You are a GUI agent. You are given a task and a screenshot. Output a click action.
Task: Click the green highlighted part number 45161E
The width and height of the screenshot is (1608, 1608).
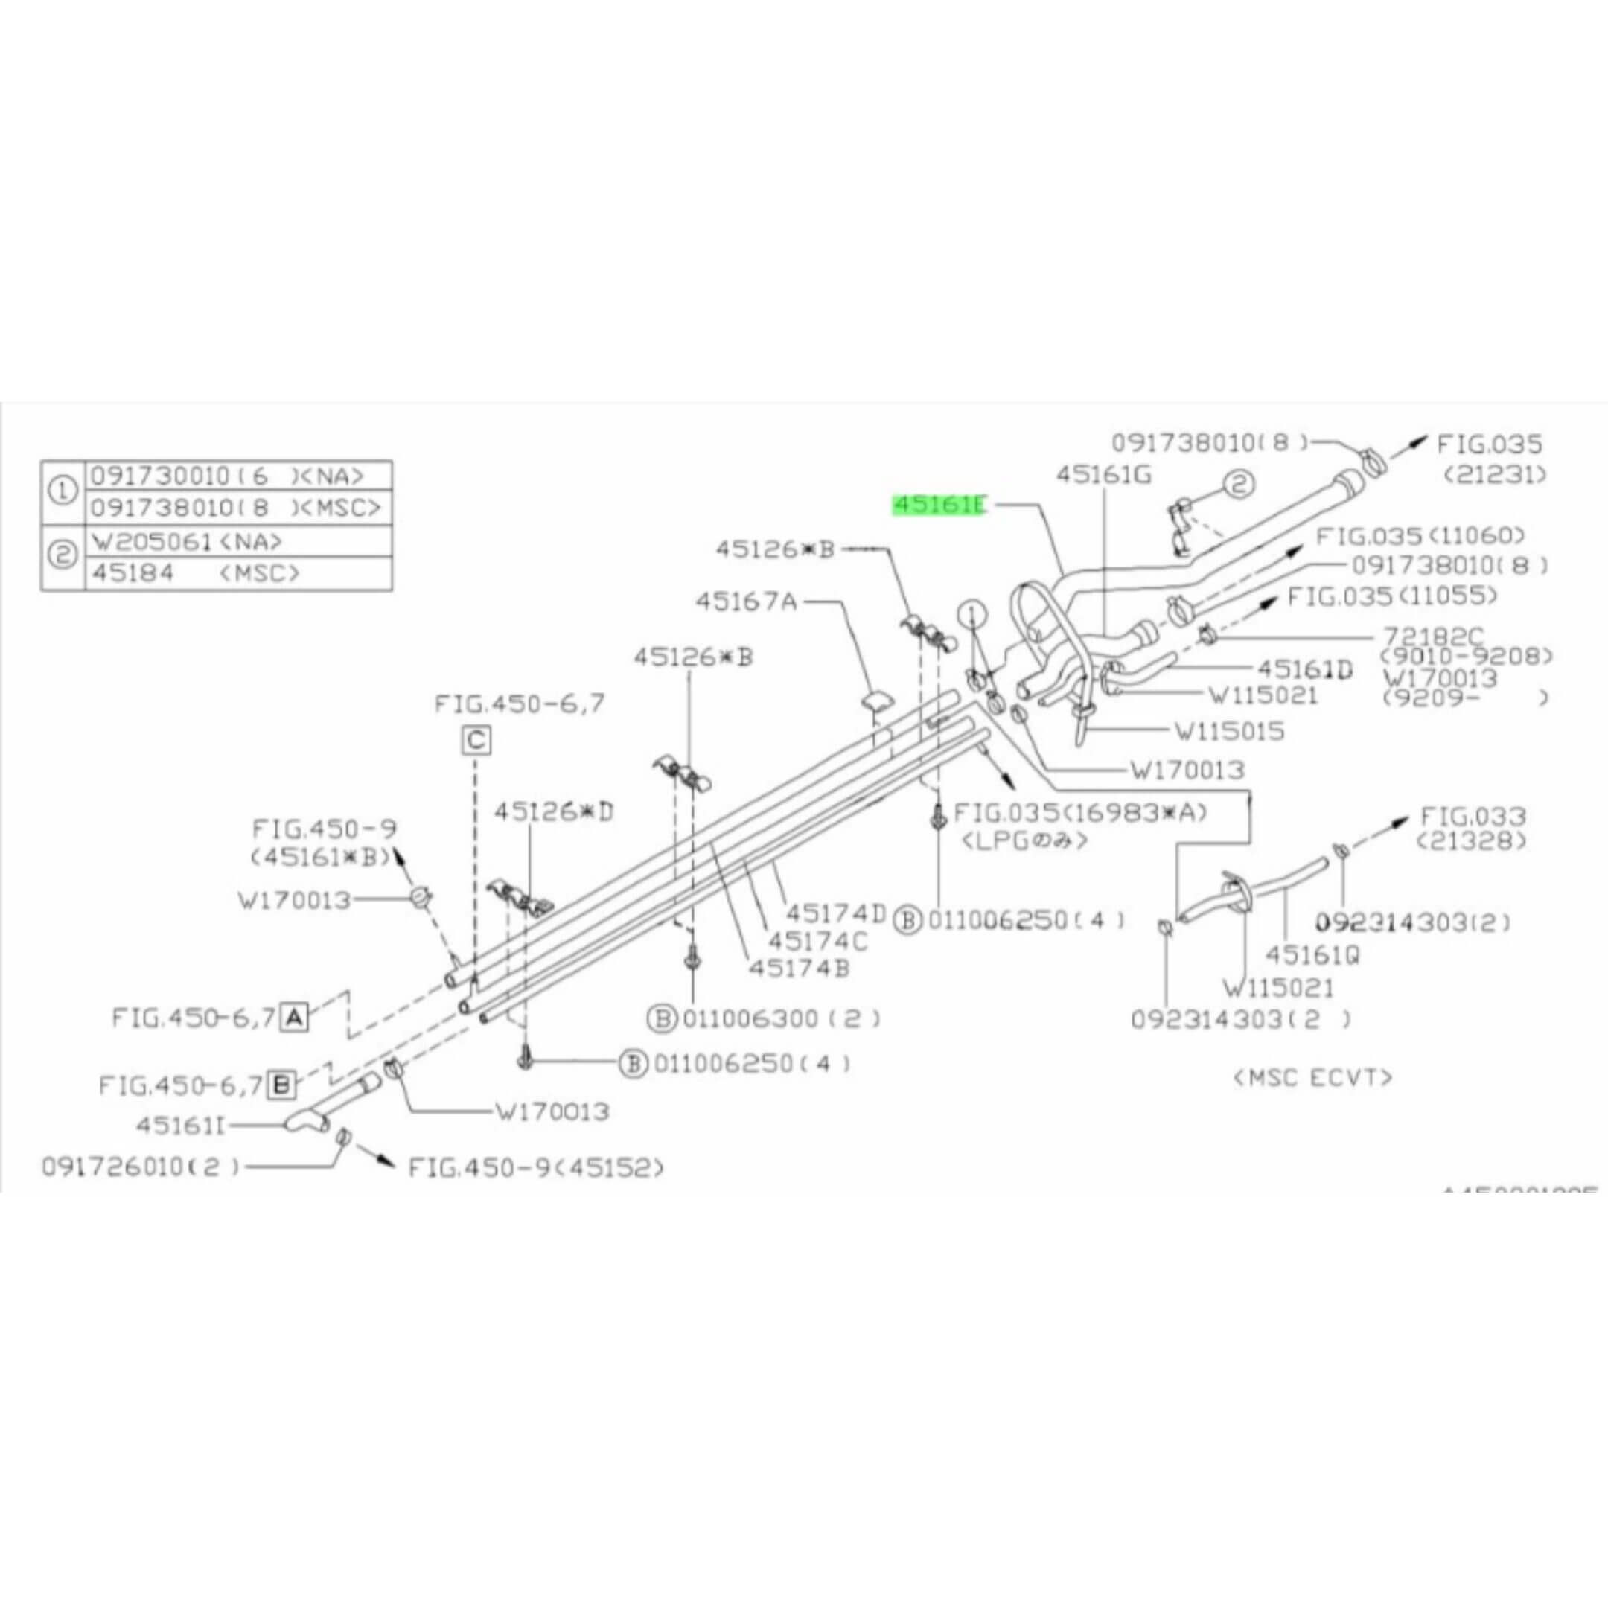tap(939, 505)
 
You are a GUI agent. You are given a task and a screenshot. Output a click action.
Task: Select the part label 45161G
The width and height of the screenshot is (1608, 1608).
tap(1103, 475)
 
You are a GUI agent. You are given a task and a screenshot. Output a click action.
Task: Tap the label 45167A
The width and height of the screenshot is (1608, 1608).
tap(746, 601)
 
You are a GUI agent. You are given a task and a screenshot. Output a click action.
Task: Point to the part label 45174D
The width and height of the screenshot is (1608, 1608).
tap(837, 913)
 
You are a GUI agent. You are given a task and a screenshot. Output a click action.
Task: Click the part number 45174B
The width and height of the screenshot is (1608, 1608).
tap(799, 968)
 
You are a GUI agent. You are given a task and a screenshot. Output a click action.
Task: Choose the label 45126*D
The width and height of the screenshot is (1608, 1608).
tap(553, 811)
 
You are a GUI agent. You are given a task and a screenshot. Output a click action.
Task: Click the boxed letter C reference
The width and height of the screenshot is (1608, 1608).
tap(476, 740)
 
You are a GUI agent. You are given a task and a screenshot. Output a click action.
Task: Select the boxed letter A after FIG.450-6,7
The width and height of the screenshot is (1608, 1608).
tap(294, 1017)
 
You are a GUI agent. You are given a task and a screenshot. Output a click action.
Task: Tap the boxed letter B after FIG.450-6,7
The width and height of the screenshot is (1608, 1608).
tap(282, 1085)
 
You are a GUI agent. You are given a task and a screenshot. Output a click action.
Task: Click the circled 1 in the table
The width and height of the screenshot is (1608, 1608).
tap(63, 492)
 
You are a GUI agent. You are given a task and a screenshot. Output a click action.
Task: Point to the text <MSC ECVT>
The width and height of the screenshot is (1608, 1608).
tap(1312, 1078)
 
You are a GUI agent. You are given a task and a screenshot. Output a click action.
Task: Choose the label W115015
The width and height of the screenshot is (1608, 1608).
tap(1229, 732)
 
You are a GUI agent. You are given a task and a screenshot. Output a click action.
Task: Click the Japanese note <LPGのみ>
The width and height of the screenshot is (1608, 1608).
tap(1024, 840)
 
